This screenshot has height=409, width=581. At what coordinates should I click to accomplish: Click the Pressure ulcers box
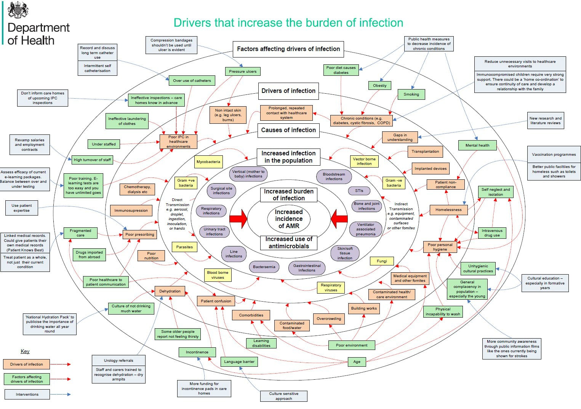[243, 71]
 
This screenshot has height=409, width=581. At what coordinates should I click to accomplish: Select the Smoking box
[411, 94]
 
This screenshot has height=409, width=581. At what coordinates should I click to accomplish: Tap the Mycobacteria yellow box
[208, 162]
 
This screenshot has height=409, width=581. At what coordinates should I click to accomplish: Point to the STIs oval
[359, 191]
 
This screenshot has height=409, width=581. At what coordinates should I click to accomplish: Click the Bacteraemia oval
[264, 267]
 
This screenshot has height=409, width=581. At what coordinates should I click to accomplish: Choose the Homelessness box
[448, 210]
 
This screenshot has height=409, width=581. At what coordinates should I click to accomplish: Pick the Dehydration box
[170, 291]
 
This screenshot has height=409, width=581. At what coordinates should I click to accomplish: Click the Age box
[357, 362]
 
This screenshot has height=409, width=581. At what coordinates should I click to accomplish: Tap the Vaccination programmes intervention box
[554, 155]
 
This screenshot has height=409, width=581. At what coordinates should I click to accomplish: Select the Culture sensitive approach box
[283, 396]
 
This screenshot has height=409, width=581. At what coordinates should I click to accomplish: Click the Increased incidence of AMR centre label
[289, 219]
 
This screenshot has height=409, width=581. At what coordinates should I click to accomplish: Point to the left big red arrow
[238, 219]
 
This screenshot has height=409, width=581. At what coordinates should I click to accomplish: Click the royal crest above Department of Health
[18, 10]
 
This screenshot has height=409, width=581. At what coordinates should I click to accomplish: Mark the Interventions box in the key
[27, 395]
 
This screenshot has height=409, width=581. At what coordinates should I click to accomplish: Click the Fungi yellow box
[382, 261]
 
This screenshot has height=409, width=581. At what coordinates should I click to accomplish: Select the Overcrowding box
[329, 319]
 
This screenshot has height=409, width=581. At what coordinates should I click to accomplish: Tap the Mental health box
[477, 145]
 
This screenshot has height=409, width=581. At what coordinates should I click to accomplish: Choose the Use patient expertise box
[21, 208]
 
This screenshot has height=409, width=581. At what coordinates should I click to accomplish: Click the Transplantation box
[425, 152]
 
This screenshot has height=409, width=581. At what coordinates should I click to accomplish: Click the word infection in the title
[381, 23]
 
